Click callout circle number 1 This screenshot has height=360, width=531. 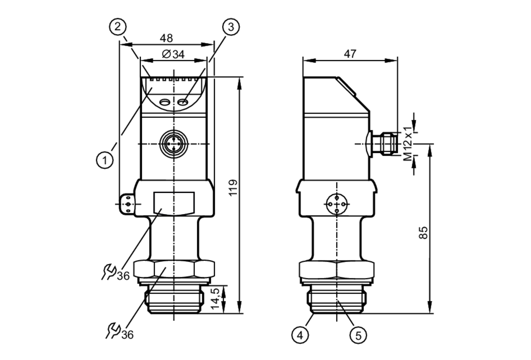click(x=105, y=160)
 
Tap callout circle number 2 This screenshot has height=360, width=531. click(x=118, y=27)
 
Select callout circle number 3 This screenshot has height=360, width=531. click(x=231, y=27)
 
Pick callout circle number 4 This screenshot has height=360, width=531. click(x=300, y=335)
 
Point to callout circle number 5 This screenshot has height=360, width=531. click(x=358, y=336)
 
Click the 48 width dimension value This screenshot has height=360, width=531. click(x=166, y=38)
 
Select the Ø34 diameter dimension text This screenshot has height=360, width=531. click(x=173, y=54)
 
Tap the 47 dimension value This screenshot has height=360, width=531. click(x=350, y=54)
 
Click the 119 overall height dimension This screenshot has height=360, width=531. click(x=233, y=188)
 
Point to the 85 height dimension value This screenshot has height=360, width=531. click(x=423, y=233)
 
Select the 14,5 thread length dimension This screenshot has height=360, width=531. click(x=215, y=298)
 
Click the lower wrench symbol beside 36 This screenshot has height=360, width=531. click(x=113, y=331)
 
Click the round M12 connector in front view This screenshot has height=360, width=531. click(x=174, y=144)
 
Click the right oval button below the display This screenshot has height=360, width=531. click(x=183, y=102)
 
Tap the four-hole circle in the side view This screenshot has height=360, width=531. click(x=337, y=204)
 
